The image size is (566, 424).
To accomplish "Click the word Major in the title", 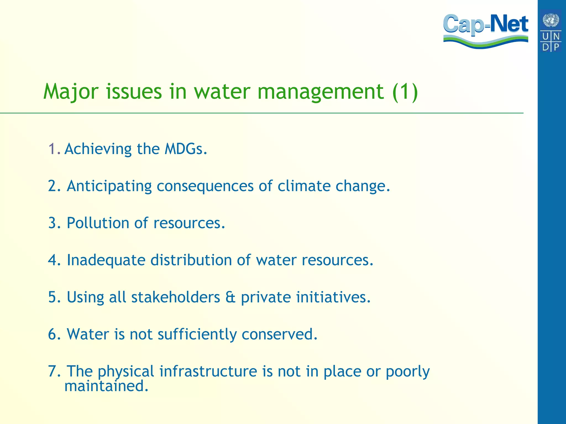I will pos(71,92).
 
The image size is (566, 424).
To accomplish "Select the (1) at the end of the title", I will pos(405,92).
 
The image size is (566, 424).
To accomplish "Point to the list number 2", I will pos(53,186).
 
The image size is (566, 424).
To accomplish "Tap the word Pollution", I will pos(98,223).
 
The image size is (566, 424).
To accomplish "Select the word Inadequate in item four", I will pos(106,260).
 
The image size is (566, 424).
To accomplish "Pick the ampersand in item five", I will pos(230,297).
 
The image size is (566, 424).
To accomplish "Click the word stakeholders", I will pos(175,297).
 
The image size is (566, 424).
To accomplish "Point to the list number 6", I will pos(53,334).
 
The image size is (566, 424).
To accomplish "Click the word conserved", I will pos(279,334).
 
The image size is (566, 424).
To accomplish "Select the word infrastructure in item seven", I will pos(208,371).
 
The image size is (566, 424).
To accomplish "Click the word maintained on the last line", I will pos(106,386).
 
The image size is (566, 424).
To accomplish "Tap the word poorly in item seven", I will pos(408,372).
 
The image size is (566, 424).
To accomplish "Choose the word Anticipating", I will pos(109,186).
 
